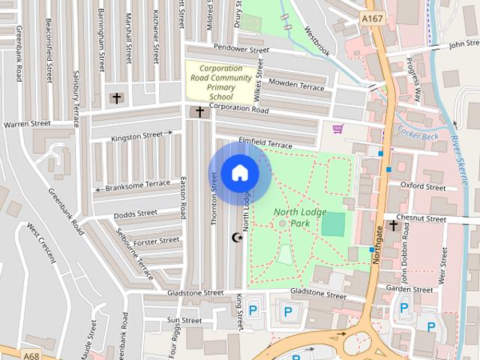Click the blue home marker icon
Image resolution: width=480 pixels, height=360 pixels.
pyautogui.click(x=239, y=173)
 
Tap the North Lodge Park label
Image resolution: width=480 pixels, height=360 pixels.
pyautogui.click(x=300, y=218)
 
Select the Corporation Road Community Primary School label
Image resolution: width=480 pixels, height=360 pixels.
pyautogui.click(x=220, y=82)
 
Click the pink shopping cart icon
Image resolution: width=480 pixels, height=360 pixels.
pyautogui.click(x=338, y=128)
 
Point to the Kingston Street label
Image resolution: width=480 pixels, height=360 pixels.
pyautogui.click(x=136, y=136)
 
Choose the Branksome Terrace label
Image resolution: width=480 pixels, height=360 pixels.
pyautogui.click(x=138, y=185)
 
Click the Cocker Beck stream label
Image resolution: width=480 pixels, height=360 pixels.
pyautogui.click(x=417, y=133)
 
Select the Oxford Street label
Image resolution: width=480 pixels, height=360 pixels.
pyautogui.click(x=423, y=184)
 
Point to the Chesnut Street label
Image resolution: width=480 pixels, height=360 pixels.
pyautogui.click(x=425, y=218)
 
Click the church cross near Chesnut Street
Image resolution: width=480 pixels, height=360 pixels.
pyautogui.click(x=394, y=225)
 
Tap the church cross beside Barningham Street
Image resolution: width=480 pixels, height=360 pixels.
pyautogui.click(x=115, y=97)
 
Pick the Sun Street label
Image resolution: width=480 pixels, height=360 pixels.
pyautogui.click(x=184, y=320)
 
